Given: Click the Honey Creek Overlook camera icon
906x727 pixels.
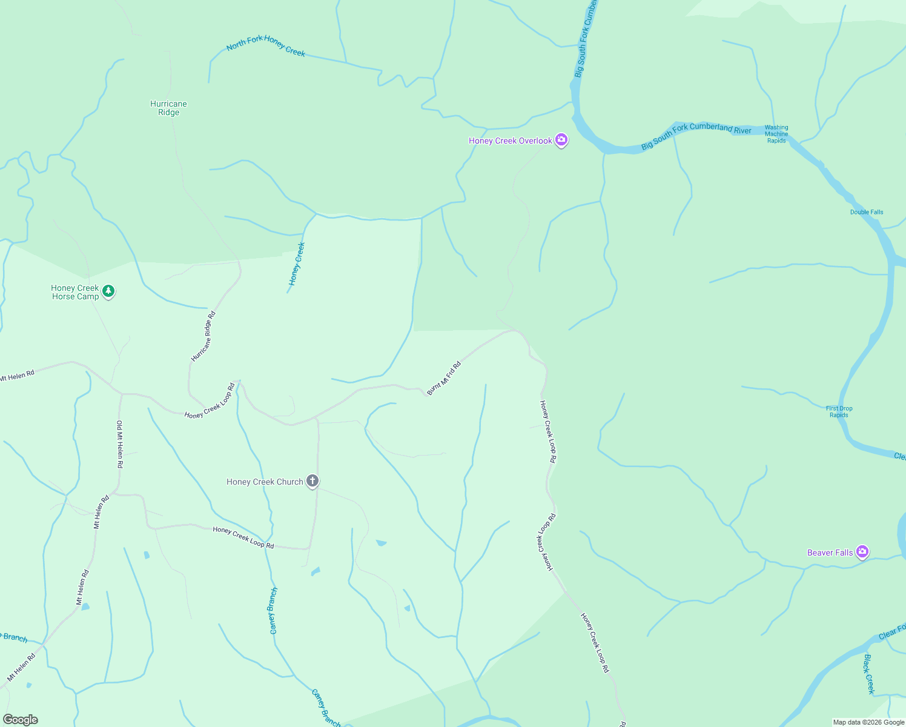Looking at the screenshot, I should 561,141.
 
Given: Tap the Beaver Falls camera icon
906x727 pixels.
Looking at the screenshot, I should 862,552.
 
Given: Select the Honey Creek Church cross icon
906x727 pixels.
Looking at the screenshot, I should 312,482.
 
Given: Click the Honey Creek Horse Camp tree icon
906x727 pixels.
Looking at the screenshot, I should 108,291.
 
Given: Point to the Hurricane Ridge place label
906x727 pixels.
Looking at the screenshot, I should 168,108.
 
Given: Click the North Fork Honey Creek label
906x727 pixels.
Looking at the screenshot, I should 266,45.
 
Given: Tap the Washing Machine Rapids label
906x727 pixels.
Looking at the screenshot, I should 776,134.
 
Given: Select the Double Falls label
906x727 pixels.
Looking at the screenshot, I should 867,212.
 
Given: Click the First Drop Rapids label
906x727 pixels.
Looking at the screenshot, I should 839,411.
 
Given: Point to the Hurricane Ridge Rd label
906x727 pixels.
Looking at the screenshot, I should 203,336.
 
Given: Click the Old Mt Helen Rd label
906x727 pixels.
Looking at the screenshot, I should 120,444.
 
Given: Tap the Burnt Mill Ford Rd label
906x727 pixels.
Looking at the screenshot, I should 444,378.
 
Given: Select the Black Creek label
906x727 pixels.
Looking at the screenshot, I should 869,674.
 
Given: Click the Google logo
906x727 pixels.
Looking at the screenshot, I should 21,720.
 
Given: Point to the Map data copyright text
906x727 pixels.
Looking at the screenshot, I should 868,722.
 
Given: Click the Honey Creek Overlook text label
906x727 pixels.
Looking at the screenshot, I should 511,141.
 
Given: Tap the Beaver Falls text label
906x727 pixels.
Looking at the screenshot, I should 830,553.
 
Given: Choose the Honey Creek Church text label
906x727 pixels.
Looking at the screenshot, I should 265,482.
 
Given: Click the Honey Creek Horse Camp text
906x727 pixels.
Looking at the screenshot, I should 75,292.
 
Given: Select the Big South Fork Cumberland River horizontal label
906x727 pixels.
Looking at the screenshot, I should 696,136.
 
